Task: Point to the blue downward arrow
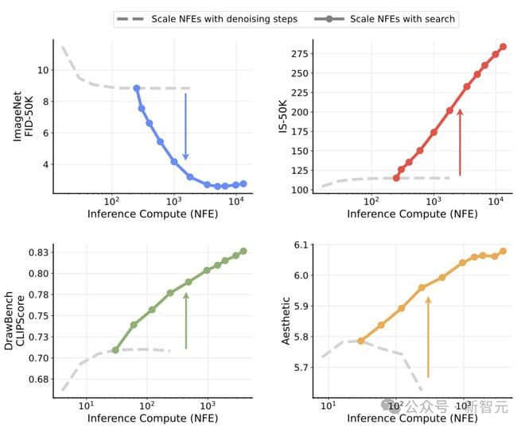(185, 127)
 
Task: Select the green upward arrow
(186, 321)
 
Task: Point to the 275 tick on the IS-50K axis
(300, 53)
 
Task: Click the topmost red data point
(503, 47)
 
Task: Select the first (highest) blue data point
(137, 88)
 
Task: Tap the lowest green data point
(115, 350)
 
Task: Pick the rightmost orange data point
(503, 251)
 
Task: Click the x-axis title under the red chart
(412, 214)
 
